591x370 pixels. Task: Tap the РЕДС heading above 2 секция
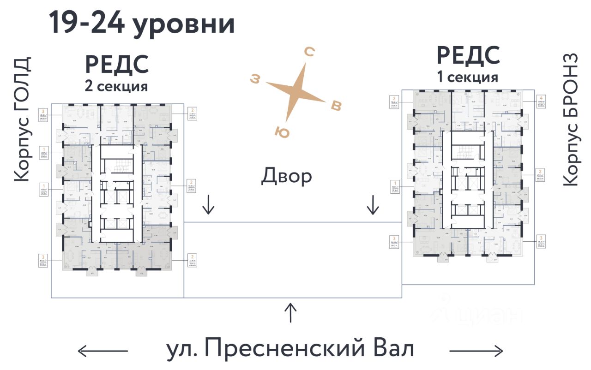click(x=117, y=65)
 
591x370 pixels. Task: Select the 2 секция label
click(x=116, y=86)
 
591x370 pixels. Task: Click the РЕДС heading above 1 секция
click(x=468, y=56)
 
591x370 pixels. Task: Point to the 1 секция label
click(x=468, y=77)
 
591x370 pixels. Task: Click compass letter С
click(x=309, y=53)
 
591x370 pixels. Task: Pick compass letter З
click(x=255, y=79)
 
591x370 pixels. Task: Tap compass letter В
click(x=337, y=106)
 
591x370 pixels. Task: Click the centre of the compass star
click(x=295, y=92)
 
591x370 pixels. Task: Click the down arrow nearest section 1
click(x=372, y=205)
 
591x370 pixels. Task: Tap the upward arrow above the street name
click(x=290, y=313)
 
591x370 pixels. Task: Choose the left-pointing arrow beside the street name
click(x=103, y=351)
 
